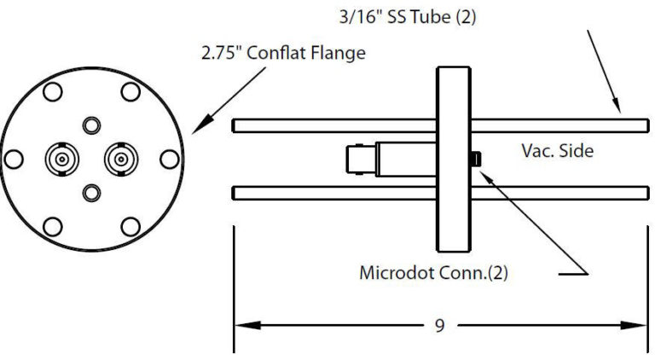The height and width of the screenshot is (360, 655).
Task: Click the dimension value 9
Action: [438, 326]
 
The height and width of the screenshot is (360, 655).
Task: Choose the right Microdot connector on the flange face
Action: [118, 158]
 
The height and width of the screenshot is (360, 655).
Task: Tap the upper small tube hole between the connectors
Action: [90, 125]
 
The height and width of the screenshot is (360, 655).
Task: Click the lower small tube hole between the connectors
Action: [90, 193]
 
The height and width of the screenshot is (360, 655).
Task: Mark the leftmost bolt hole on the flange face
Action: [14, 159]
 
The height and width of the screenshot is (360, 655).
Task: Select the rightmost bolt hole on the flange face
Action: [169, 159]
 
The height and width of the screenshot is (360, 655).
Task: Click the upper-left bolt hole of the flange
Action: [51, 92]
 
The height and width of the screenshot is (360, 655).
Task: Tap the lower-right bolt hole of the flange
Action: [130, 226]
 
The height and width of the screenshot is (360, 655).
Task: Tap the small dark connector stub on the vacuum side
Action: [476, 159]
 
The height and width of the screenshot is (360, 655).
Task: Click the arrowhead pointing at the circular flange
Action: [198, 128]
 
